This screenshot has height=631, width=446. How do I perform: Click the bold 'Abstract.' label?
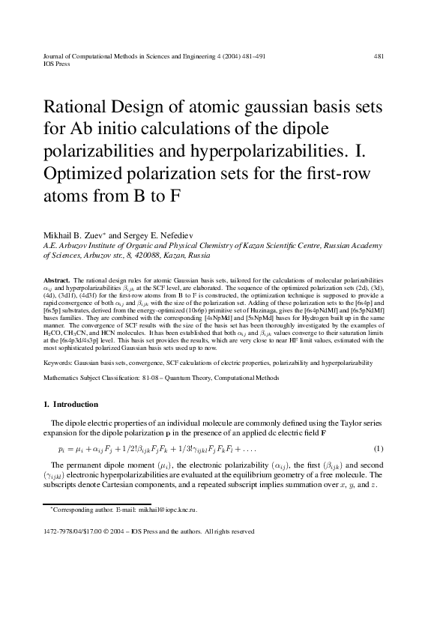(59, 279)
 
